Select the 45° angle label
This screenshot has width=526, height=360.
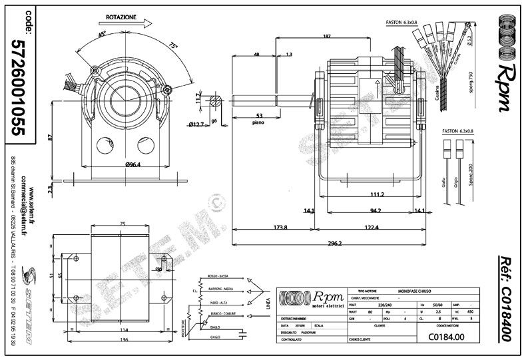(x=101, y=34)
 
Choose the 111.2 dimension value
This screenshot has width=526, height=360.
(x=376, y=194)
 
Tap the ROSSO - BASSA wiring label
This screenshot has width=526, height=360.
(x=222, y=276)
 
